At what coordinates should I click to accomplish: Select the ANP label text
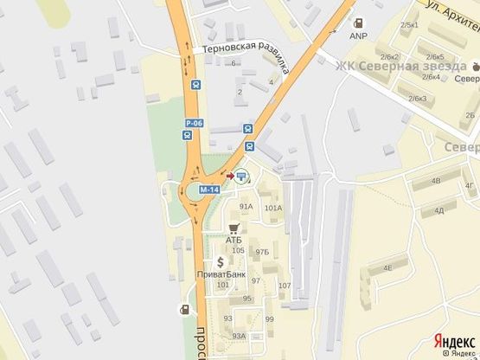click(358, 36)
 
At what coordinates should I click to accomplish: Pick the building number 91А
click(246, 207)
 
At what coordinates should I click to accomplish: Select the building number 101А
click(273, 208)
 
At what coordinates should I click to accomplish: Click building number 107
click(284, 286)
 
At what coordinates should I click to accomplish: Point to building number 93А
click(240, 336)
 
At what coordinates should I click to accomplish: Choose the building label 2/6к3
click(419, 99)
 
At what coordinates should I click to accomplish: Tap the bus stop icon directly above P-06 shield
click(196, 85)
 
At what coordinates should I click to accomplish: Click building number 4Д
click(439, 209)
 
